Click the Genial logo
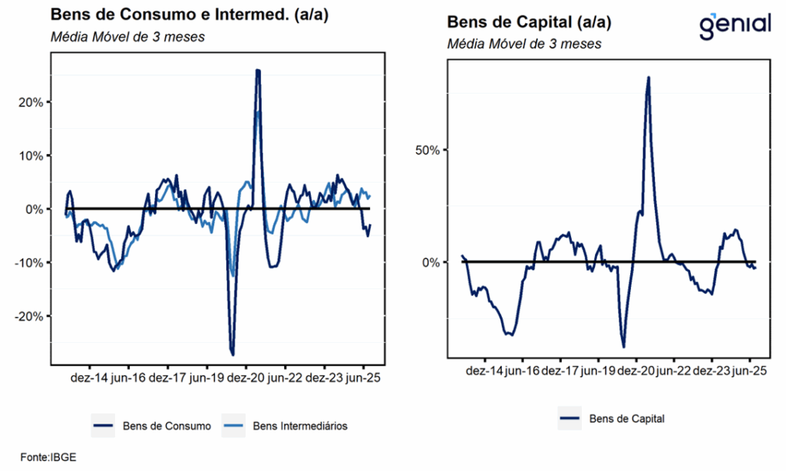pos(735,25)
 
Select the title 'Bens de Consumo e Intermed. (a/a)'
pos(189,15)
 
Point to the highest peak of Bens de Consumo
pos(258,71)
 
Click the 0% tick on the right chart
pos(431,262)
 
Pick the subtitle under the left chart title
pos(127,37)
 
